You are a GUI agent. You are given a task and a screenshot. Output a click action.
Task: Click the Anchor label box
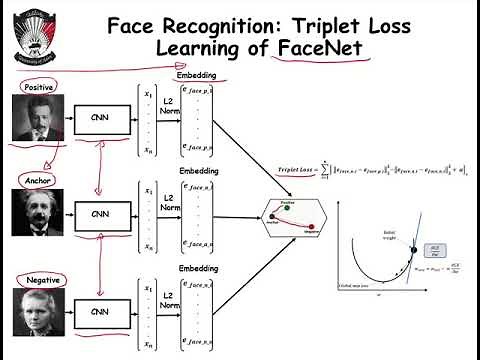36,180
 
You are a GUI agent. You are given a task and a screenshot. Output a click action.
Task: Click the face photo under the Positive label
37,119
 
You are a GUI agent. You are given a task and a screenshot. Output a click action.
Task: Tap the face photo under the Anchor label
37,213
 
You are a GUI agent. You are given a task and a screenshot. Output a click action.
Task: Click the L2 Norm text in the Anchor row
170,205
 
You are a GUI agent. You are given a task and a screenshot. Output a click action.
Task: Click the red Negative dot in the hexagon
312,227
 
